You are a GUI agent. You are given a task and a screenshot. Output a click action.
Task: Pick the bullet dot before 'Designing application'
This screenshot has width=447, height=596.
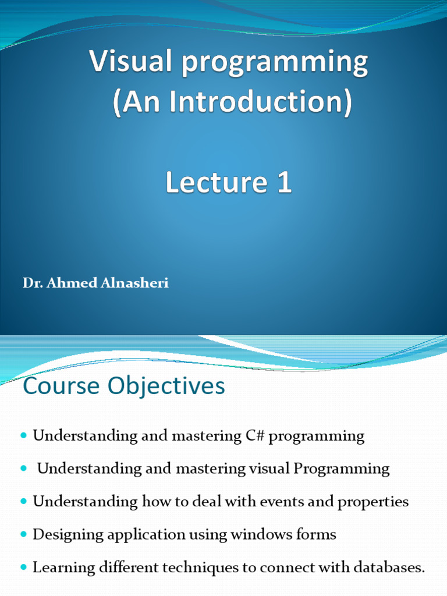[24, 534]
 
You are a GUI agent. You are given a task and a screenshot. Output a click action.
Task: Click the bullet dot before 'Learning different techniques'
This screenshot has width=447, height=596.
[24, 567]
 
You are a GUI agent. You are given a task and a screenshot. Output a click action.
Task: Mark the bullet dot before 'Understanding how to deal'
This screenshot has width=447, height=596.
[24, 502]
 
